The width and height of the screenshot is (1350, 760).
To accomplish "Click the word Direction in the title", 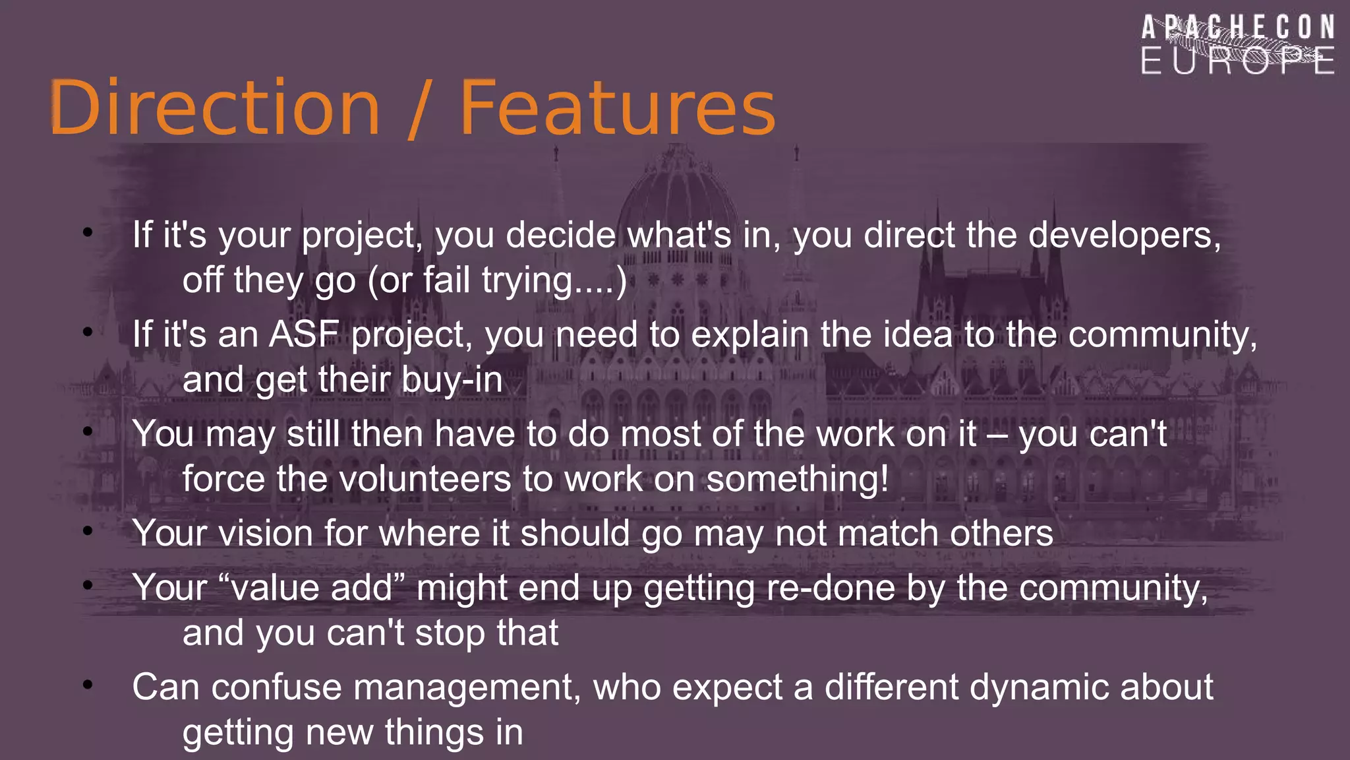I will [x=215, y=108].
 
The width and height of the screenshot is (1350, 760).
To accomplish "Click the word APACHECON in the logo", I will [x=1238, y=28].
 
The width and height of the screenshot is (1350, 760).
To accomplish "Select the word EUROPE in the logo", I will [x=1238, y=61].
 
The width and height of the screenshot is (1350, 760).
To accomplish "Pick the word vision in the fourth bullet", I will [x=266, y=533].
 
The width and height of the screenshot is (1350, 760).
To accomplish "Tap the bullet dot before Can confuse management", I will [x=88, y=685].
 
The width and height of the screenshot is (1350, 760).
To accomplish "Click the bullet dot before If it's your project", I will [x=88, y=232].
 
